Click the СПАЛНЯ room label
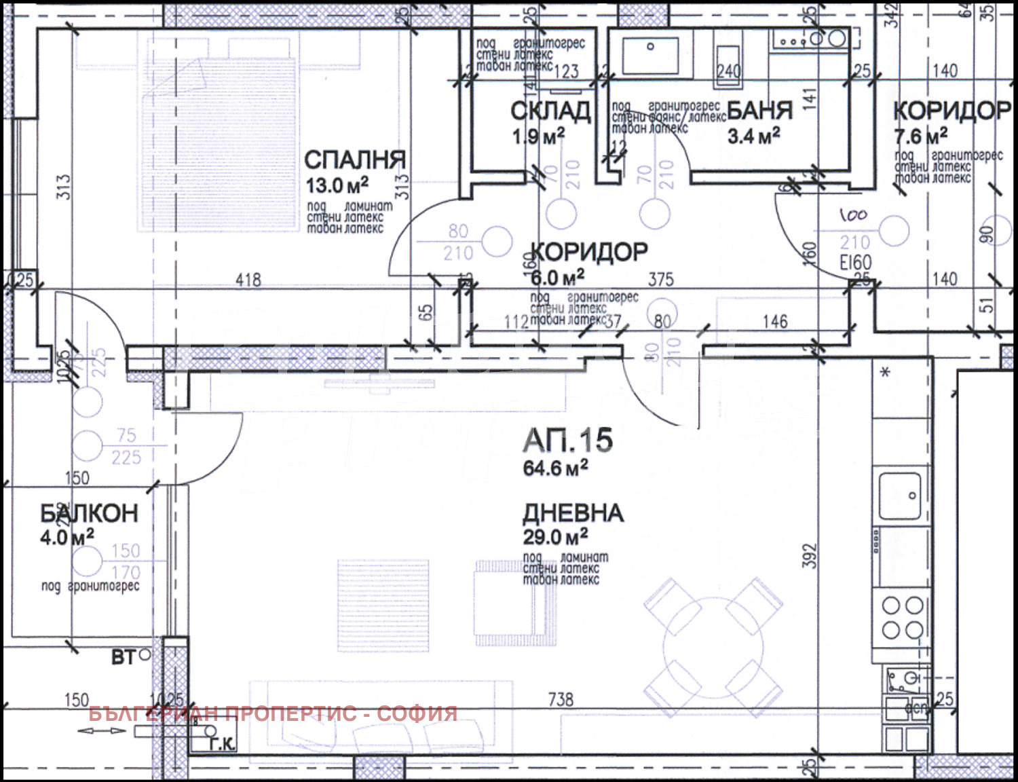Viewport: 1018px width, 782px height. pyautogui.click(x=354, y=160)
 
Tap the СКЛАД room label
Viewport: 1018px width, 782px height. pyautogui.click(x=550, y=111)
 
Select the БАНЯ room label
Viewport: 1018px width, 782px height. pyautogui.click(x=759, y=111)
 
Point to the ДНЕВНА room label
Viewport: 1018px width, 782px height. pyautogui.click(x=573, y=513)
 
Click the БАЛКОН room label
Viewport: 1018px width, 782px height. pyautogui.click(x=89, y=513)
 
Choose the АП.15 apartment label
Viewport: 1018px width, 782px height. pyautogui.click(x=568, y=441)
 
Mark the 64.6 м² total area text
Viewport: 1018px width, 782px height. pyautogui.click(x=555, y=468)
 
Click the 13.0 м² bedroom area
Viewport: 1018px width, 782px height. pyautogui.click(x=337, y=185)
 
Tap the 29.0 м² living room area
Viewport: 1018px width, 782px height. pyautogui.click(x=555, y=537)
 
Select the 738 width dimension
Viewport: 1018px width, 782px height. pyautogui.click(x=561, y=699)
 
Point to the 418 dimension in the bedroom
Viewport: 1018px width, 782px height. pyautogui.click(x=248, y=280)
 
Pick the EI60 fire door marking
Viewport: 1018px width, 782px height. pyautogui.click(x=855, y=263)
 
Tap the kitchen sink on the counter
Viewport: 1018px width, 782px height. pyautogui.click(x=900, y=496)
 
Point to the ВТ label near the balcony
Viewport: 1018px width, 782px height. pyautogui.click(x=124, y=657)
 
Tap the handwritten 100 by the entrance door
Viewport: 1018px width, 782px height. pyautogui.click(x=853, y=216)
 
